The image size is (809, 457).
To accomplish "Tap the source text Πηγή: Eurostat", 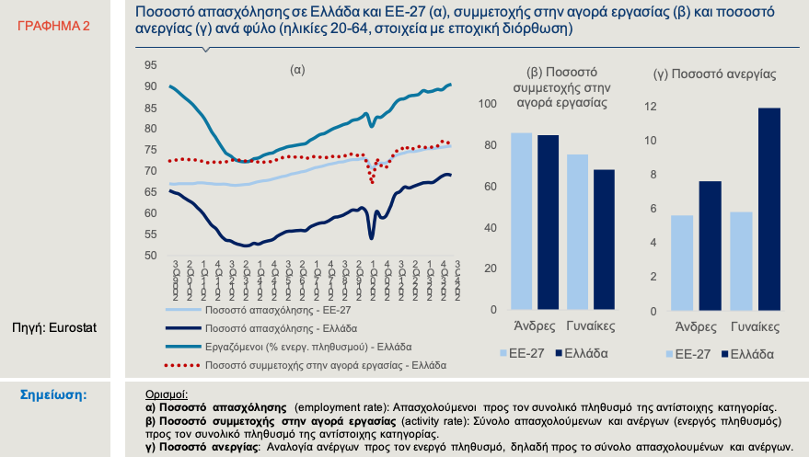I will [54, 326].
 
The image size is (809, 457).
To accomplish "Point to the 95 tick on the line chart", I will [150, 65].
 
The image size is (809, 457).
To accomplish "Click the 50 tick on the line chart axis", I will [150, 255].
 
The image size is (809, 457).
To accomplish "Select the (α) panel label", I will [297, 70].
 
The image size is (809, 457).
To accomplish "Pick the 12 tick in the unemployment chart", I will [651, 107].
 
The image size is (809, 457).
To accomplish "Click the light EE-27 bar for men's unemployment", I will [683, 263].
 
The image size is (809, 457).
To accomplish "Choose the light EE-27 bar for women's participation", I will [577, 232].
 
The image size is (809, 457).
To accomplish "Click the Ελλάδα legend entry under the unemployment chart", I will [751, 353].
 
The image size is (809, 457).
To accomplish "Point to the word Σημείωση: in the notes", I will [54, 395].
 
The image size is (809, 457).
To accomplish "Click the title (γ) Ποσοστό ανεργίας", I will [713, 74].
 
